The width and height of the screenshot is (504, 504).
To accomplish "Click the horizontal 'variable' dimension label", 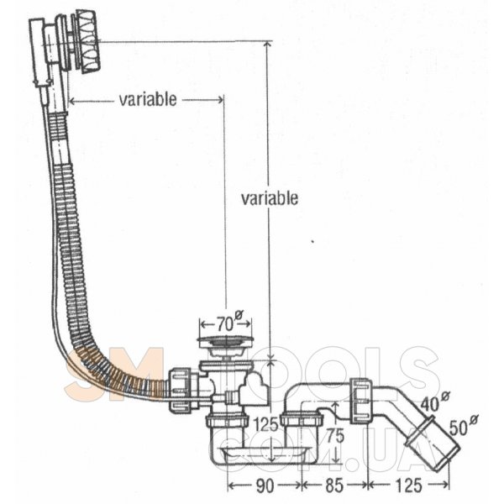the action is (x=148, y=99).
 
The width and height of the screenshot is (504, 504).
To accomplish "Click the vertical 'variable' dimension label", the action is (x=270, y=198).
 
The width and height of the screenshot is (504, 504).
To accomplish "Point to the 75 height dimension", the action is (x=335, y=436).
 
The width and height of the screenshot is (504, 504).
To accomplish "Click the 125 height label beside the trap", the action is (x=265, y=425).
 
